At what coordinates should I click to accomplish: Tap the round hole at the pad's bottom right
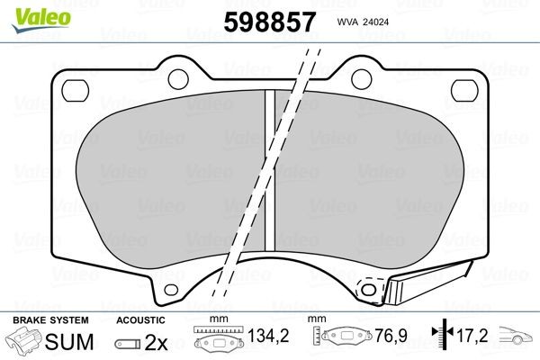(x=367, y=289)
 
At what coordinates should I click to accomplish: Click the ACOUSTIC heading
(x=141, y=321)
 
